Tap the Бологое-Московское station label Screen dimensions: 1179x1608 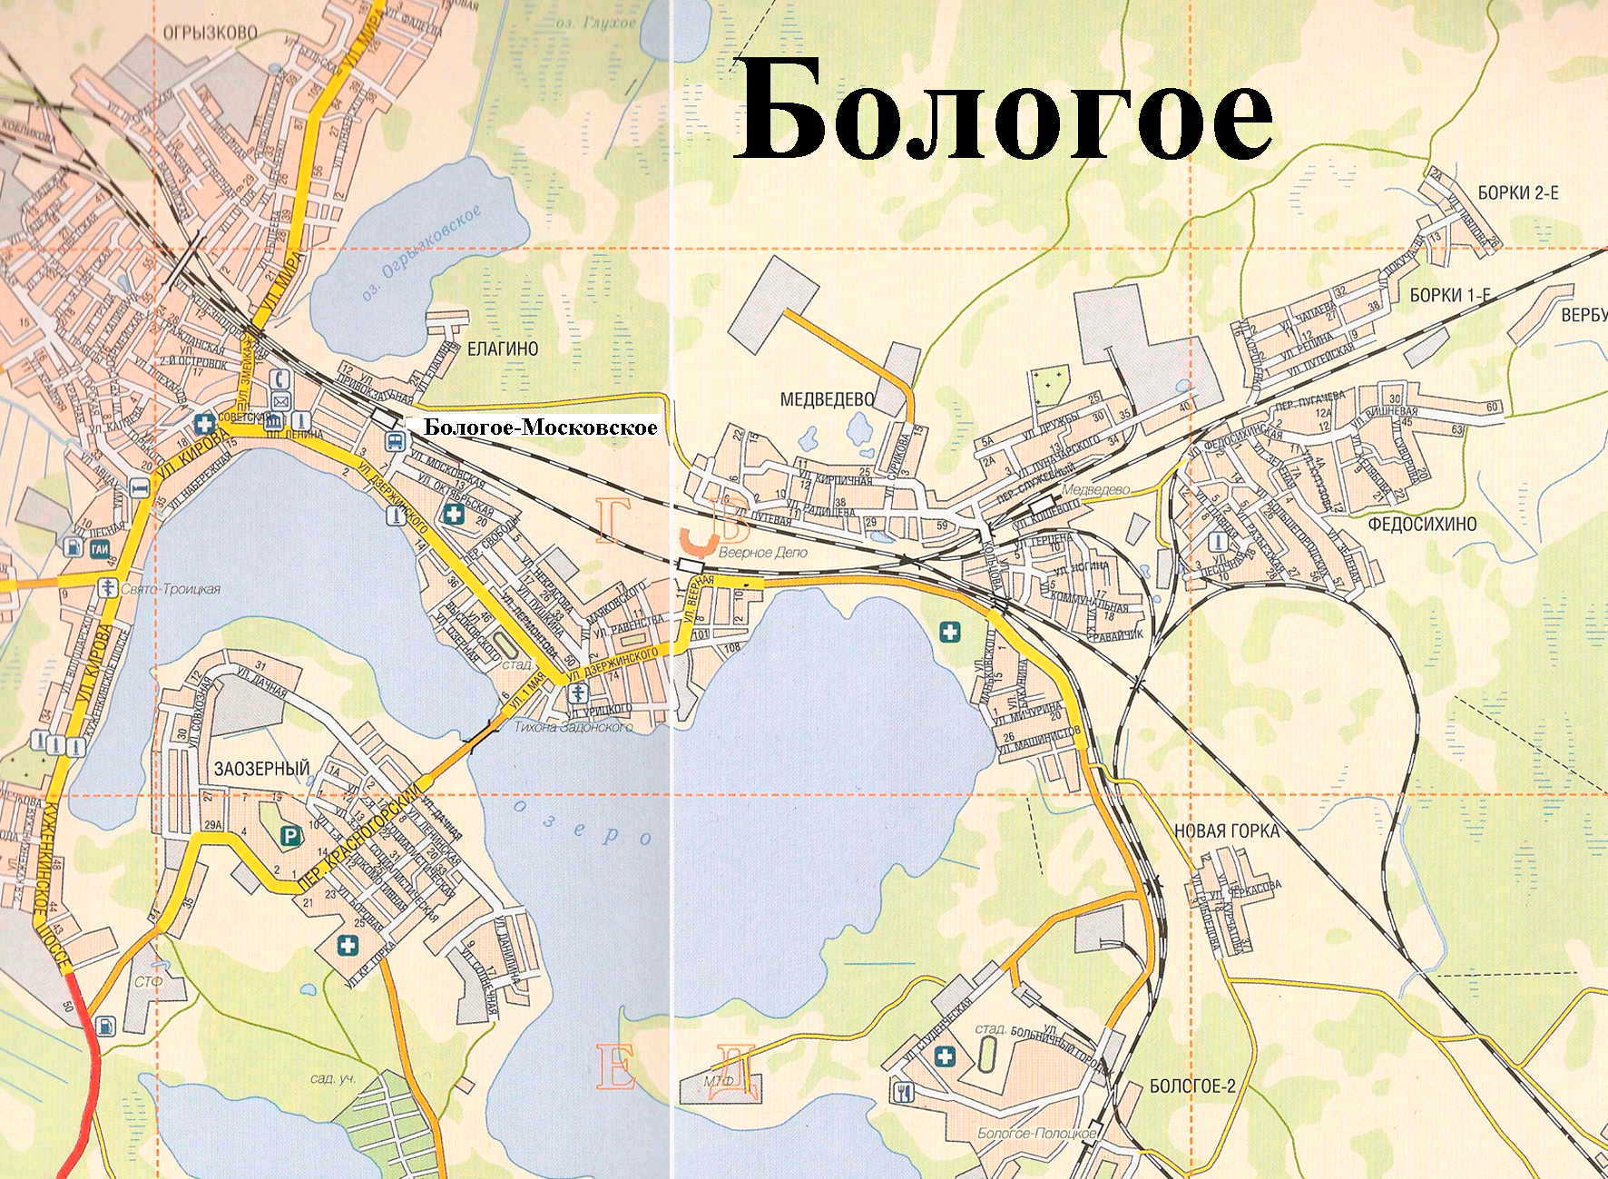pos(541,427)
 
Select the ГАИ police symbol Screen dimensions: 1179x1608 pos(99,548)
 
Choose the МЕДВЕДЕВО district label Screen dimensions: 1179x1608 pos(827,398)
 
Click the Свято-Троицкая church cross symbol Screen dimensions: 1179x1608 pos(110,586)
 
